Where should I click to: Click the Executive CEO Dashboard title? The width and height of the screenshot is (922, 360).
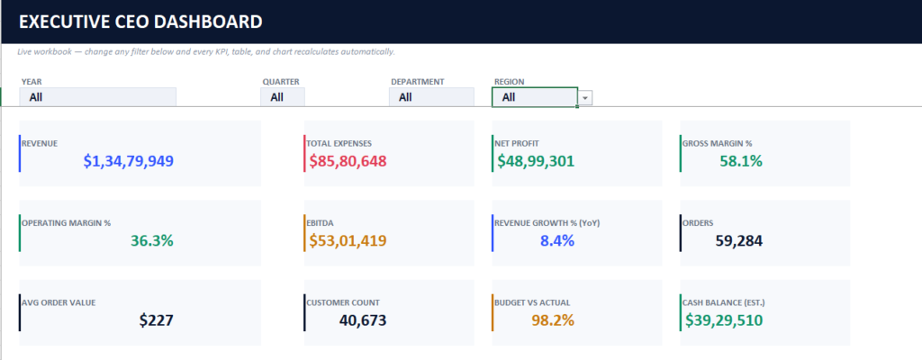tap(140, 22)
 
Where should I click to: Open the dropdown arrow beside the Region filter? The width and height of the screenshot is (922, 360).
tap(585, 97)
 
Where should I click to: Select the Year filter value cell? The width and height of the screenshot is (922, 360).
tap(97, 97)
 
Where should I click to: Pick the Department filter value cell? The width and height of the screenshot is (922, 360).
tap(431, 97)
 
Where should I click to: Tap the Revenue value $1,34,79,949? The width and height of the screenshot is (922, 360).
tap(129, 161)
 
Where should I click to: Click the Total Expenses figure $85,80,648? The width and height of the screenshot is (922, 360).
tap(348, 161)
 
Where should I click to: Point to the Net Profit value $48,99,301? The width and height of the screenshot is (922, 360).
tap(536, 161)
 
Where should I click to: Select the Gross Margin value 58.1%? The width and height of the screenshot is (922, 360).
tap(741, 161)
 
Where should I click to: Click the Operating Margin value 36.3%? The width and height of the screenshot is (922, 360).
tap(151, 240)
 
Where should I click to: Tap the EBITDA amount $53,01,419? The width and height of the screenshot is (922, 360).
tap(348, 240)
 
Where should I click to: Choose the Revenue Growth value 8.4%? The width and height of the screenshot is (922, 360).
tap(556, 240)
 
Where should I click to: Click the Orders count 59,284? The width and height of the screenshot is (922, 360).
tap(739, 240)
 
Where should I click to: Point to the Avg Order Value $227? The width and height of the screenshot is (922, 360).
tap(157, 320)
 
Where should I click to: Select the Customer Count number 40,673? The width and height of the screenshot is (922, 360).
tap(363, 320)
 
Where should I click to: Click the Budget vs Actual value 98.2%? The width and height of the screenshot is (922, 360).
tap(553, 320)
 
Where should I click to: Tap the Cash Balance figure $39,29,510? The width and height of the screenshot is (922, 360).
tap(724, 320)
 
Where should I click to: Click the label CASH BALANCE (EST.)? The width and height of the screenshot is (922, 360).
tap(724, 303)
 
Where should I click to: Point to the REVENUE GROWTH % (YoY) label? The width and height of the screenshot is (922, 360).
tap(547, 223)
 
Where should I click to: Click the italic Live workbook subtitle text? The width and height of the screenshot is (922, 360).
tap(206, 52)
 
